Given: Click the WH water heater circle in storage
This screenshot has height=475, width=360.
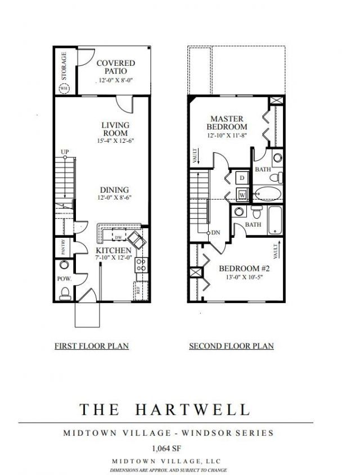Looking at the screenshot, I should [x=64, y=88].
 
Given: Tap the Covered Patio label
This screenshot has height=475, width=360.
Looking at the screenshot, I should [x=115, y=67].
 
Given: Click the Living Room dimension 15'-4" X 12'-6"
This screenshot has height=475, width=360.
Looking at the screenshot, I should [x=115, y=142].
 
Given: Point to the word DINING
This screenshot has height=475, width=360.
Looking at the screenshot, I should [x=115, y=190].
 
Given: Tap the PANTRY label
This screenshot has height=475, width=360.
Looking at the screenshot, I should [x=64, y=248].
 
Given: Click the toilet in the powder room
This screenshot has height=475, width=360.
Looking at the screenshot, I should [x=65, y=291].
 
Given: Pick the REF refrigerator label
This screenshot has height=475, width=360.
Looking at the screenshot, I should [x=137, y=291].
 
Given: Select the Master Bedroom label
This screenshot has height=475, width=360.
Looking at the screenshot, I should [x=227, y=123].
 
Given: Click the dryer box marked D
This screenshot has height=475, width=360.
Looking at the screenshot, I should [x=242, y=178].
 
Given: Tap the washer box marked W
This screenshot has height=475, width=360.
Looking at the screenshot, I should [x=242, y=194].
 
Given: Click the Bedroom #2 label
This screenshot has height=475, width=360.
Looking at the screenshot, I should [x=242, y=268].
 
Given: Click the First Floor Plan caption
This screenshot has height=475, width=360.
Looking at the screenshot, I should [x=92, y=346].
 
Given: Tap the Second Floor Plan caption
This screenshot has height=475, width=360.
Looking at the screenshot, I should [x=231, y=346].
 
